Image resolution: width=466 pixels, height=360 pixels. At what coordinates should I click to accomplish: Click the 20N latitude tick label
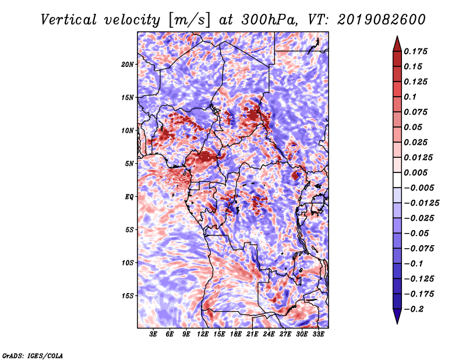pyautogui.click(x=128, y=65)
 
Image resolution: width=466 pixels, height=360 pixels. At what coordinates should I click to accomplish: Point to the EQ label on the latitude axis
pyautogui.click(x=129, y=197)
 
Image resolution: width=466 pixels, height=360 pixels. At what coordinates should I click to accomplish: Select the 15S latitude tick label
pyautogui.click(x=128, y=296)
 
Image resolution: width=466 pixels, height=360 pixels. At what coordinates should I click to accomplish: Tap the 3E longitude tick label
pyautogui.click(x=153, y=334)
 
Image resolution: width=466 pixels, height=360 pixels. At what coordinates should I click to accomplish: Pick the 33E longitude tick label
pyautogui.click(x=318, y=334)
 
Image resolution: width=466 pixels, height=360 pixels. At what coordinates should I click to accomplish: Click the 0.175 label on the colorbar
pyautogui.click(x=415, y=51)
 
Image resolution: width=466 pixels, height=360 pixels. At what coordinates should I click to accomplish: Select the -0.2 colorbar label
pyautogui.click(x=414, y=309)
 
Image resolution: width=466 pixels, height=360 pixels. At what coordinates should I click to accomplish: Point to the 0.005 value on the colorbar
pyautogui.click(x=415, y=172)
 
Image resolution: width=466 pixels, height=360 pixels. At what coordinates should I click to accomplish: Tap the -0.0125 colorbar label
pyautogui.click(x=421, y=203)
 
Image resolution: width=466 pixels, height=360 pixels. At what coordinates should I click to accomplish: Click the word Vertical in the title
pyautogui.click(x=69, y=20)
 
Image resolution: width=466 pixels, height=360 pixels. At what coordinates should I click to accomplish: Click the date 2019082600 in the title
pyautogui.click(x=382, y=20)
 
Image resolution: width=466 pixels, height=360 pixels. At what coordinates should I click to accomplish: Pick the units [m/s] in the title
pyautogui.click(x=189, y=20)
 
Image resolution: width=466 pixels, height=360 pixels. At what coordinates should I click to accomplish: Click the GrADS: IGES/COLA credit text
pyautogui.click(x=33, y=356)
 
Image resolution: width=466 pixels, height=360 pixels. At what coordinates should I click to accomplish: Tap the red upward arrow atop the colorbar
pyautogui.click(x=397, y=44)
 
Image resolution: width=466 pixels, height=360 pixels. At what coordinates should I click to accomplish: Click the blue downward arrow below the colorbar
pyautogui.click(x=397, y=316)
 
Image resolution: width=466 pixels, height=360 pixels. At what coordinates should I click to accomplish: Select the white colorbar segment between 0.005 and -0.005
pyautogui.click(x=397, y=180)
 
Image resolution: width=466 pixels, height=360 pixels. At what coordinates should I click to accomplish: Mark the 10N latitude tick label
pyautogui.click(x=128, y=130)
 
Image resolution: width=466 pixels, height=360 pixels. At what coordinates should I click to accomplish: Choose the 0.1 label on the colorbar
pyautogui.click(x=410, y=97)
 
